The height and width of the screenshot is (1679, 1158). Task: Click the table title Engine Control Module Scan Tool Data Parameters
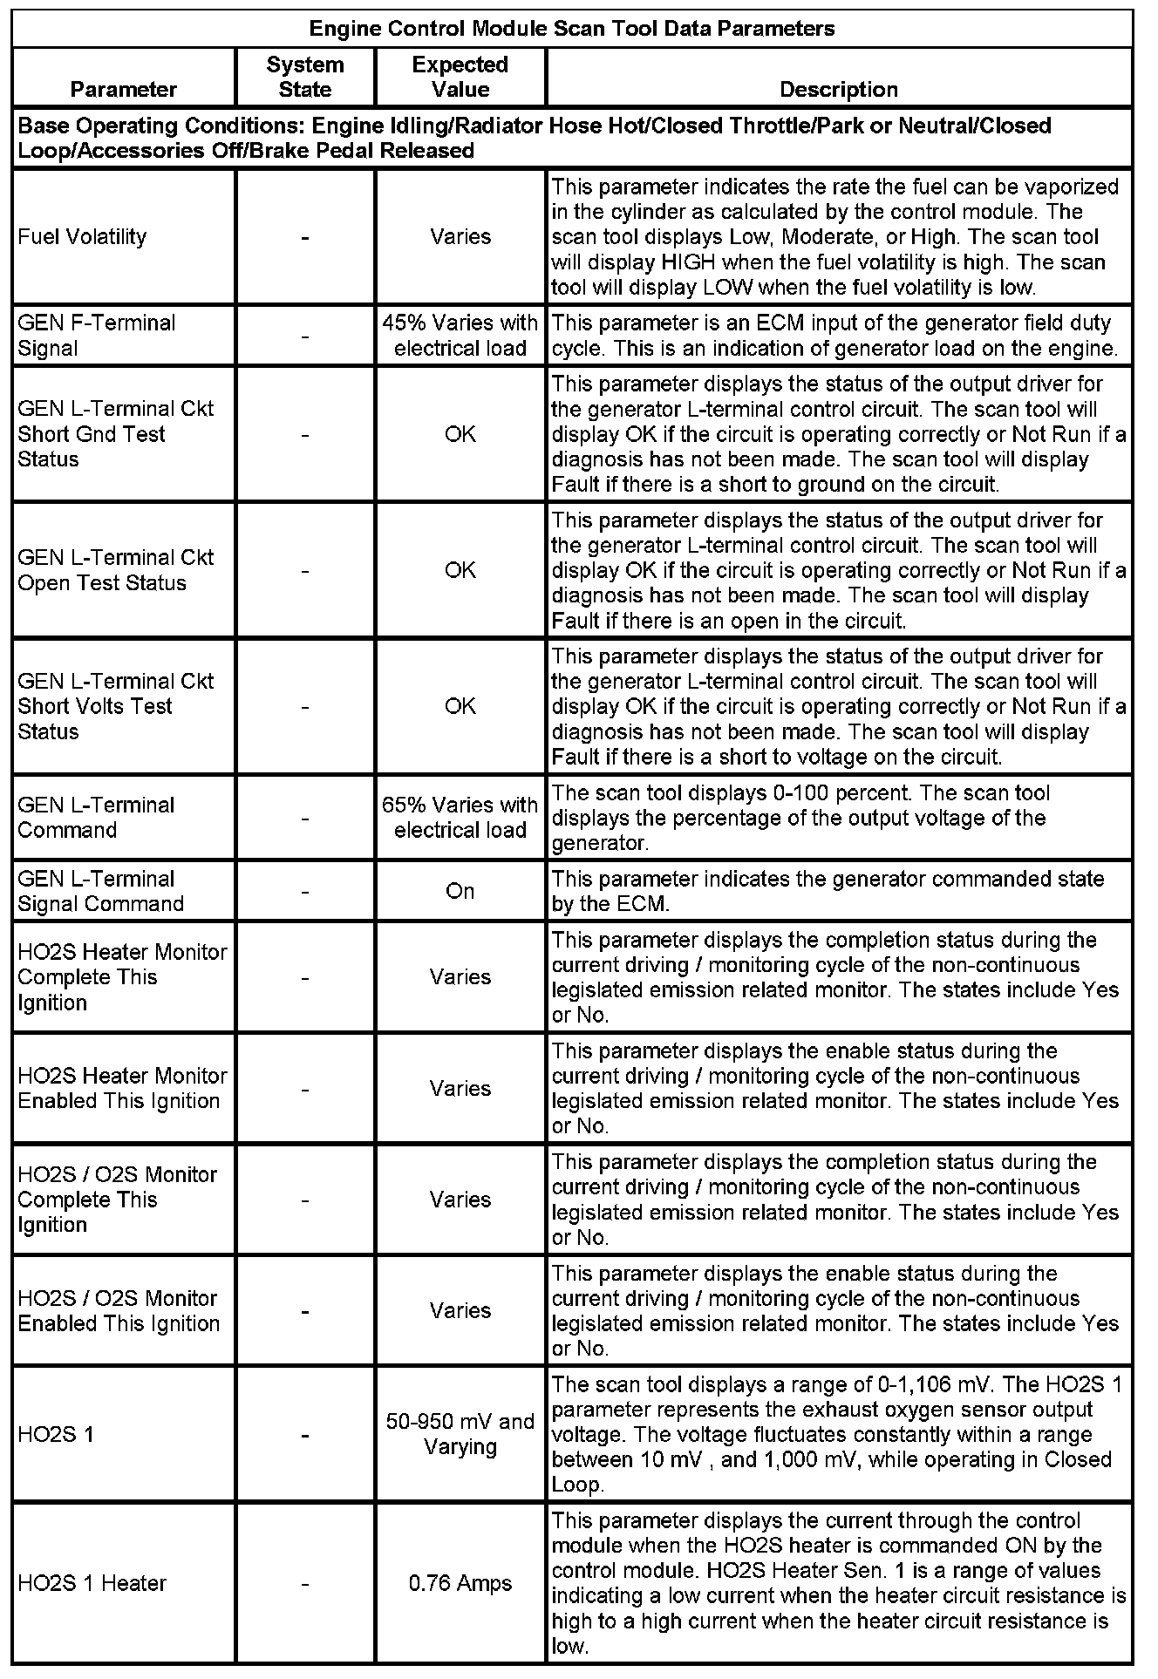coord(572,29)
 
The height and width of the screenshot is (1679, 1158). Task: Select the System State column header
coord(305,77)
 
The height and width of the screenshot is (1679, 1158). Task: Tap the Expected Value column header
coord(460,77)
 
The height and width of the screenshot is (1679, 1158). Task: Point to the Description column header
coord(838,89)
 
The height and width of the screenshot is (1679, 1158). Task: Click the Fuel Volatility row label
coord(82,237)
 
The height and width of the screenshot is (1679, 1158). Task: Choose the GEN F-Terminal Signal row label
coord(96,336)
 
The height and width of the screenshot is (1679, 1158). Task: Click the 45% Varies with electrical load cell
coord(460,336)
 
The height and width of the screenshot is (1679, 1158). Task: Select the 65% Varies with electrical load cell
coord(460,818)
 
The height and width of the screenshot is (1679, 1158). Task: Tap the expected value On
coord(460,892)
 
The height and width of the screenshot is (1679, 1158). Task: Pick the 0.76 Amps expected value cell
coord(460,1583)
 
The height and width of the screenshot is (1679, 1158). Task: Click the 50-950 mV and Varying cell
coord(460,1434)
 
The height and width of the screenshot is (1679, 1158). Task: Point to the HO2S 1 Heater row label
coord(92,1583)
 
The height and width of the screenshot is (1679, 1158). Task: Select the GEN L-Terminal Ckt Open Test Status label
coord(115,570)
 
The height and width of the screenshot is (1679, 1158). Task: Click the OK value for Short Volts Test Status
coord(460,706)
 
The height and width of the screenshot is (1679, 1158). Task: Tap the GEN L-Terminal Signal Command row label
coord(100,892)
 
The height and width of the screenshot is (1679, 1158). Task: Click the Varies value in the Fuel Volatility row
coord(460,237)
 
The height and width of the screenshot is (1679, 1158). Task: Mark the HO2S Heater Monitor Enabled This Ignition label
coord(121,1089)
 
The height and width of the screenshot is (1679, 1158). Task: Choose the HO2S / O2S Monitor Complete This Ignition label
coord(117,1200)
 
